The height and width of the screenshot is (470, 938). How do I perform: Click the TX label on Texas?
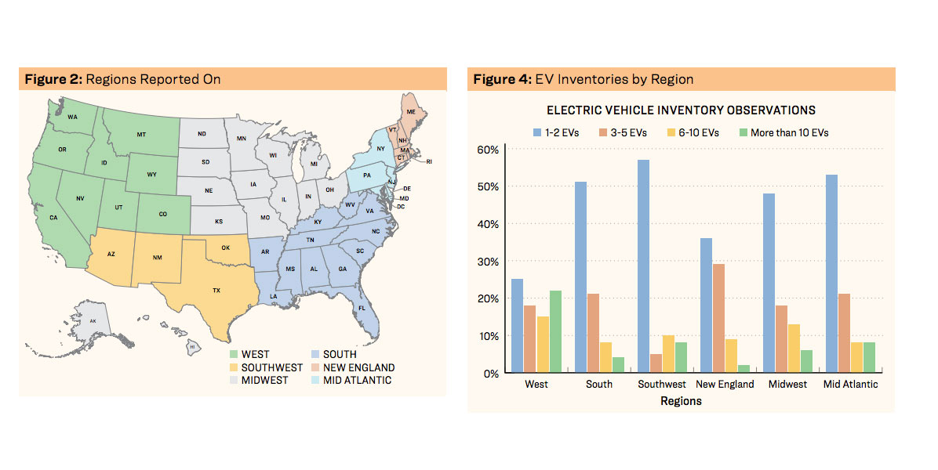pyautogui.click(x=216, y=291)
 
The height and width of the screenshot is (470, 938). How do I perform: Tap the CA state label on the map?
pyautogui.click(x=54, y=218)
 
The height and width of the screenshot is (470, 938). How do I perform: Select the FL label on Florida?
pyautogui.click(x=362, y=309)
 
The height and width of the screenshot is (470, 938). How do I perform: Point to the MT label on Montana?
pyautogui.click(x=141, y=135)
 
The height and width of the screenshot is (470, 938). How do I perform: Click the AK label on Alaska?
pyautogui.click(x=93, y=321)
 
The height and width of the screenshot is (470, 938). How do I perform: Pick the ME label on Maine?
pyautogui.click(x=411, y=113)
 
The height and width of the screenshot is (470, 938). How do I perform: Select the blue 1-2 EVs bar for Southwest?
pyautogui.click(x=643, y=266)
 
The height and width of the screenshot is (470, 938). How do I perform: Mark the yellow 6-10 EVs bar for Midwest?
pyautogui.click(x=794, y=349)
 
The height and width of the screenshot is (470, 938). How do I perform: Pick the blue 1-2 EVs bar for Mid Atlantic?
pyautogui.click(x=831, y=274)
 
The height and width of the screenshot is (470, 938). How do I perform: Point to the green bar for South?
pyautogui.click(x=618, y=365)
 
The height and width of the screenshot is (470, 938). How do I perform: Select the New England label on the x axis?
pyautogui.click(x=725, y=385)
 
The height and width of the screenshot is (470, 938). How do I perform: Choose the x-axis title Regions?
pyautogui.click(x=681, y=401)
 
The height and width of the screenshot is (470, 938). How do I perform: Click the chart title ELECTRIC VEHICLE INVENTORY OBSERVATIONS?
pyautogui.click(x=681, y=110)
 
